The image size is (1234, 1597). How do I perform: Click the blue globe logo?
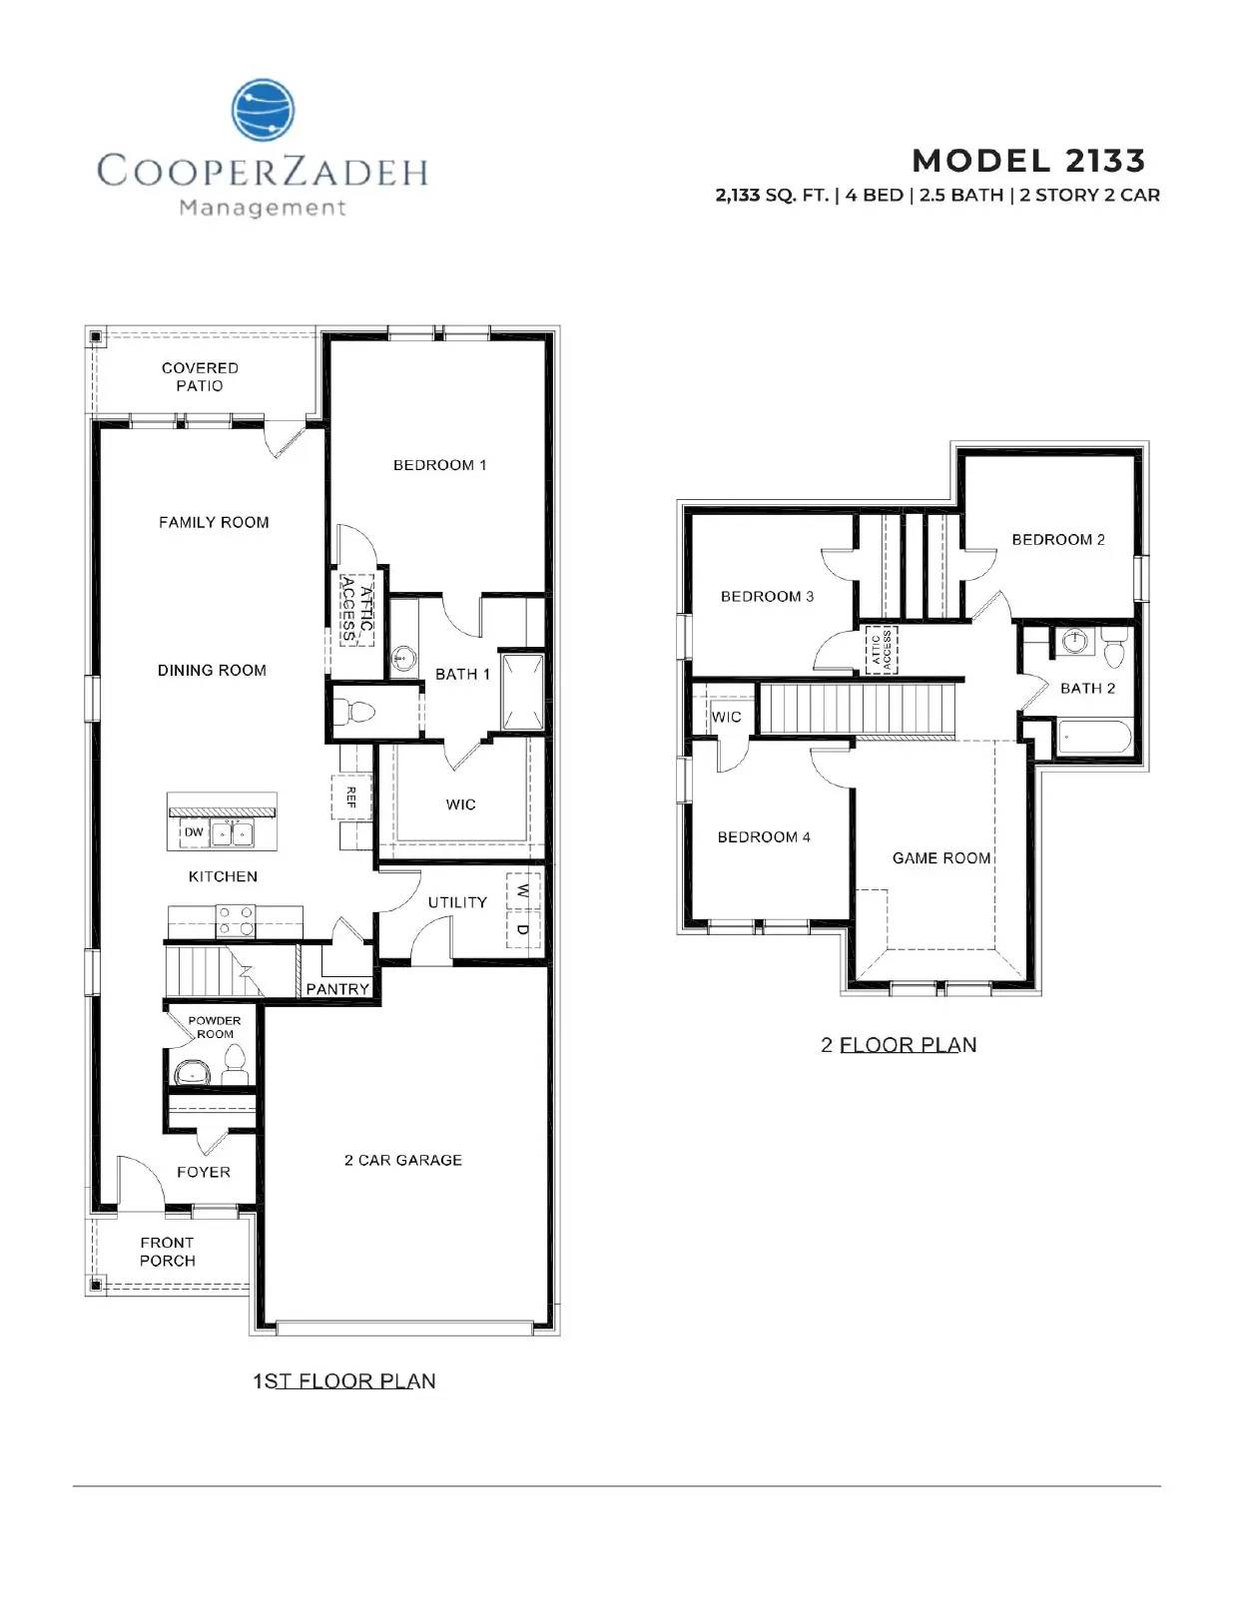(264, 110)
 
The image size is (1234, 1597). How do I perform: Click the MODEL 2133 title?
(1028, 161)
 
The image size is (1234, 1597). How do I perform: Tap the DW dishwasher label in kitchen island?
(194, 832)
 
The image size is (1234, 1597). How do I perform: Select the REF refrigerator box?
(351, 797)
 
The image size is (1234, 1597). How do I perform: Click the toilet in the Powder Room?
(235, 1065)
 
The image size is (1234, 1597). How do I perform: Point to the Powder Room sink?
(193, 1073)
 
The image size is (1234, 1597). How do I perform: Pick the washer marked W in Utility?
(523, 891)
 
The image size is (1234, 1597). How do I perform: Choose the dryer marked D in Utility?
(523, 929)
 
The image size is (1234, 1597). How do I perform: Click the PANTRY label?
(337, 989)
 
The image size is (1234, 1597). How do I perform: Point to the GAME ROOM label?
(940, 858)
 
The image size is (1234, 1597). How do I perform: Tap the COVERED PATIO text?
(200, 377)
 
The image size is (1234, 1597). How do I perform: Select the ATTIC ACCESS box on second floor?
(881, 650)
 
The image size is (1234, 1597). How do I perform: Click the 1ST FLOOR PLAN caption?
(344, 1381)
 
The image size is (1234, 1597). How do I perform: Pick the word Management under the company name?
(263, 209)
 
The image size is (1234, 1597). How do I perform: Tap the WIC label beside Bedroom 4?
(726, 718)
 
